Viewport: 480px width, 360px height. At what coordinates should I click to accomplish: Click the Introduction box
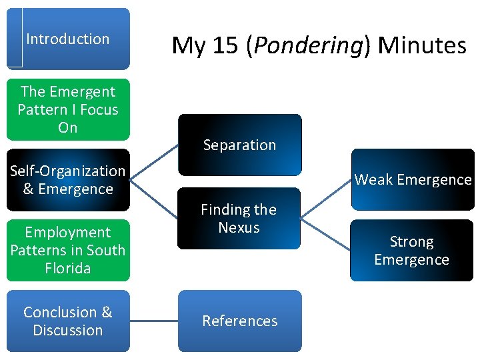[x=68, y=39]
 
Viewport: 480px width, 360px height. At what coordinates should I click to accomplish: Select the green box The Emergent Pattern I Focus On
[x=68, y=109]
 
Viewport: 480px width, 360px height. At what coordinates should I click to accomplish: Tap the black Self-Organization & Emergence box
[x=68, y=180]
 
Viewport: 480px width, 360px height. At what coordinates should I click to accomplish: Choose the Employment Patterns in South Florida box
[x=68, y=250]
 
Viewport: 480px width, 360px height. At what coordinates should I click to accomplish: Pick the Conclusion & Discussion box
[x=68, y=321]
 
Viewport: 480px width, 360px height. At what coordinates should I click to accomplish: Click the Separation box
[x=239, y=145]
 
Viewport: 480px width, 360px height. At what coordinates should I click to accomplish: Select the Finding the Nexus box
[x=239, y=219]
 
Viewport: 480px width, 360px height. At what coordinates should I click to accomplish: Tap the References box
[x=239, y=321]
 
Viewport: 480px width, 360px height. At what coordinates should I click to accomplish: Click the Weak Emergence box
[x=413, y=179]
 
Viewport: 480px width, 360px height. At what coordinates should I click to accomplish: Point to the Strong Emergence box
[x=412, y=250]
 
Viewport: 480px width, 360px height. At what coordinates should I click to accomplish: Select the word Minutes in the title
[x=422, y=45]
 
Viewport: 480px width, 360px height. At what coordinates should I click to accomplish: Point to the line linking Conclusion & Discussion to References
[x=154, y=321]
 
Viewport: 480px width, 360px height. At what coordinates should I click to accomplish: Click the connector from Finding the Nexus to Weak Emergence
[x=326, y=198]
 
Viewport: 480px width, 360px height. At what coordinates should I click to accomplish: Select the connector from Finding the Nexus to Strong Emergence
[x=326, y=233]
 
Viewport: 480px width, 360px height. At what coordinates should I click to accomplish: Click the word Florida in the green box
[x=68, y=268]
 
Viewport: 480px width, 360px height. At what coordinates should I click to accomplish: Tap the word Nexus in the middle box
[x=239, y=227]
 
